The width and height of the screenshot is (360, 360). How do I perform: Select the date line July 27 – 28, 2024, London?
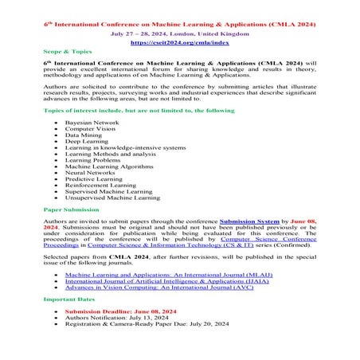(178, 24)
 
